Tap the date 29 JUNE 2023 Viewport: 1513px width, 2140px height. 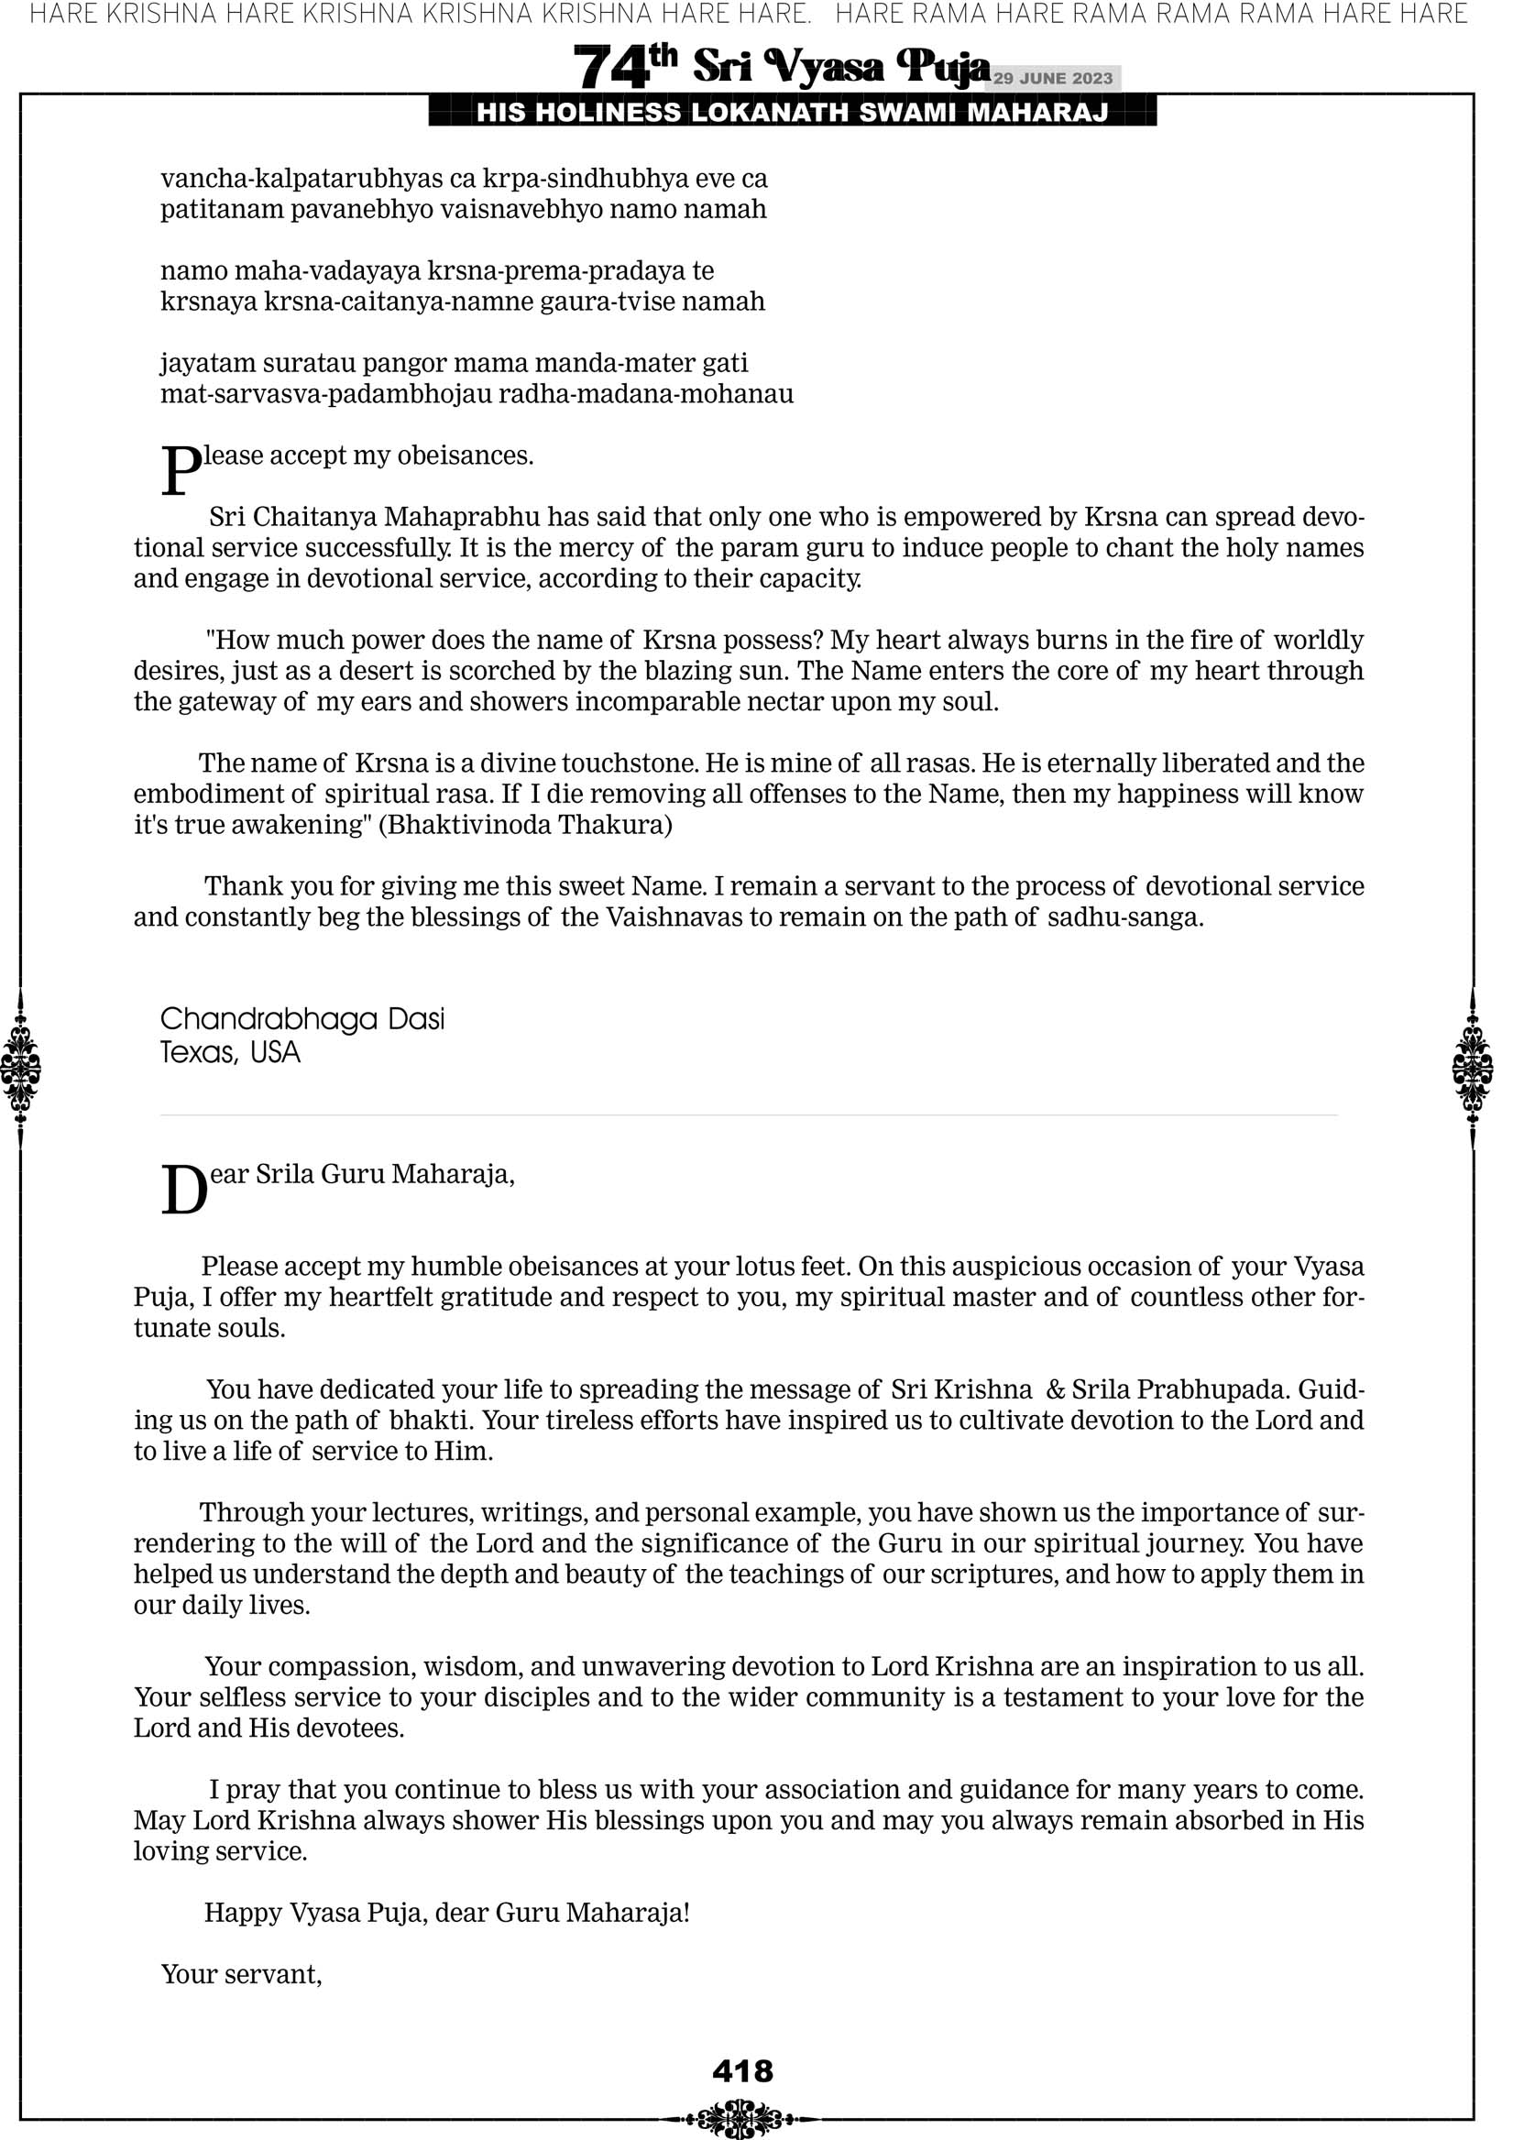click(1052, 78)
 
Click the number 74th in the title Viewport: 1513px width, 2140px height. click(625, 66)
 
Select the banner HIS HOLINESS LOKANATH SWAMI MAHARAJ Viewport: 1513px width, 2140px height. click(793, 113)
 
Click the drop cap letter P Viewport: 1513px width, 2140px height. click(181, 472)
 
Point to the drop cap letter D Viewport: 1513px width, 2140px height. click(183, 1191)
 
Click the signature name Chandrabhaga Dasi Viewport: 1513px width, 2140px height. click(302, 1019)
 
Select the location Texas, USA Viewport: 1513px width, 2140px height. click(230, 1052)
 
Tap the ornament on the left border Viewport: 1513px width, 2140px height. click(20, 1068)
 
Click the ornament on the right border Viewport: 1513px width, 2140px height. click(1473, 1068)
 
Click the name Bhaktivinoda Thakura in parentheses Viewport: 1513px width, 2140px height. click(525, 825)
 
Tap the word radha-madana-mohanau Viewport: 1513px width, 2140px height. click(646, 394)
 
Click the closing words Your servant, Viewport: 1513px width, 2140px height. click(241, 1974)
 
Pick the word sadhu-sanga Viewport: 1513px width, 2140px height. click(1125, 917)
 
